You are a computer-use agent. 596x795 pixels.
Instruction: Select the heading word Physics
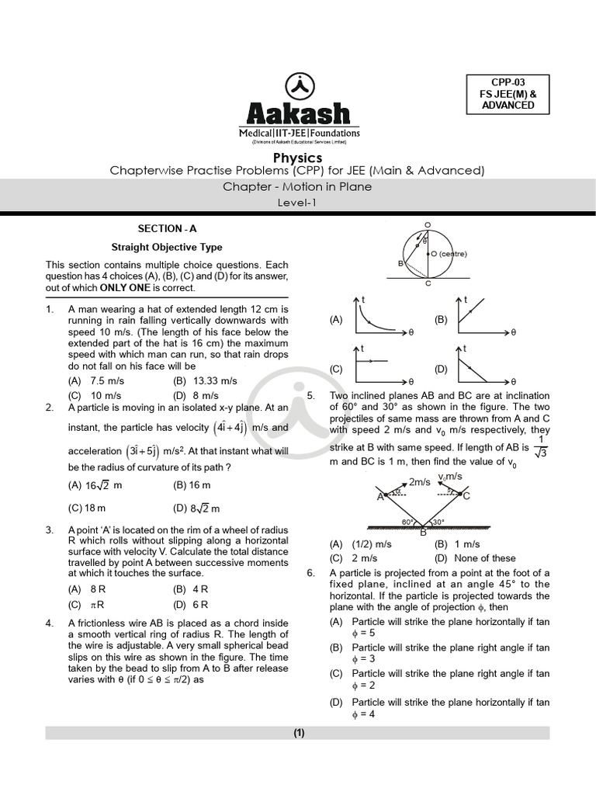298,158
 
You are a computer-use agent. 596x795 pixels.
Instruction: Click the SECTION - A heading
167,228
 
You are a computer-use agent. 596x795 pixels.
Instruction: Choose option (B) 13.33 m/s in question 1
205,381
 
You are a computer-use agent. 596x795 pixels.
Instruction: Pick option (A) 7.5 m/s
96,381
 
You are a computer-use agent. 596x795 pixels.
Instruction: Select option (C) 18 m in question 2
86,509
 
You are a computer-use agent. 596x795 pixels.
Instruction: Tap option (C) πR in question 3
85,604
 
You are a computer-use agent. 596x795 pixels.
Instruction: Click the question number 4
50,623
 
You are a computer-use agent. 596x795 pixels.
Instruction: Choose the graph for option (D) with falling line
486,366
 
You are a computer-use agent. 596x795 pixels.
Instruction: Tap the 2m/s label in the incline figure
419,482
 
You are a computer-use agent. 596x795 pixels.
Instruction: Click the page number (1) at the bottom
299,732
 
